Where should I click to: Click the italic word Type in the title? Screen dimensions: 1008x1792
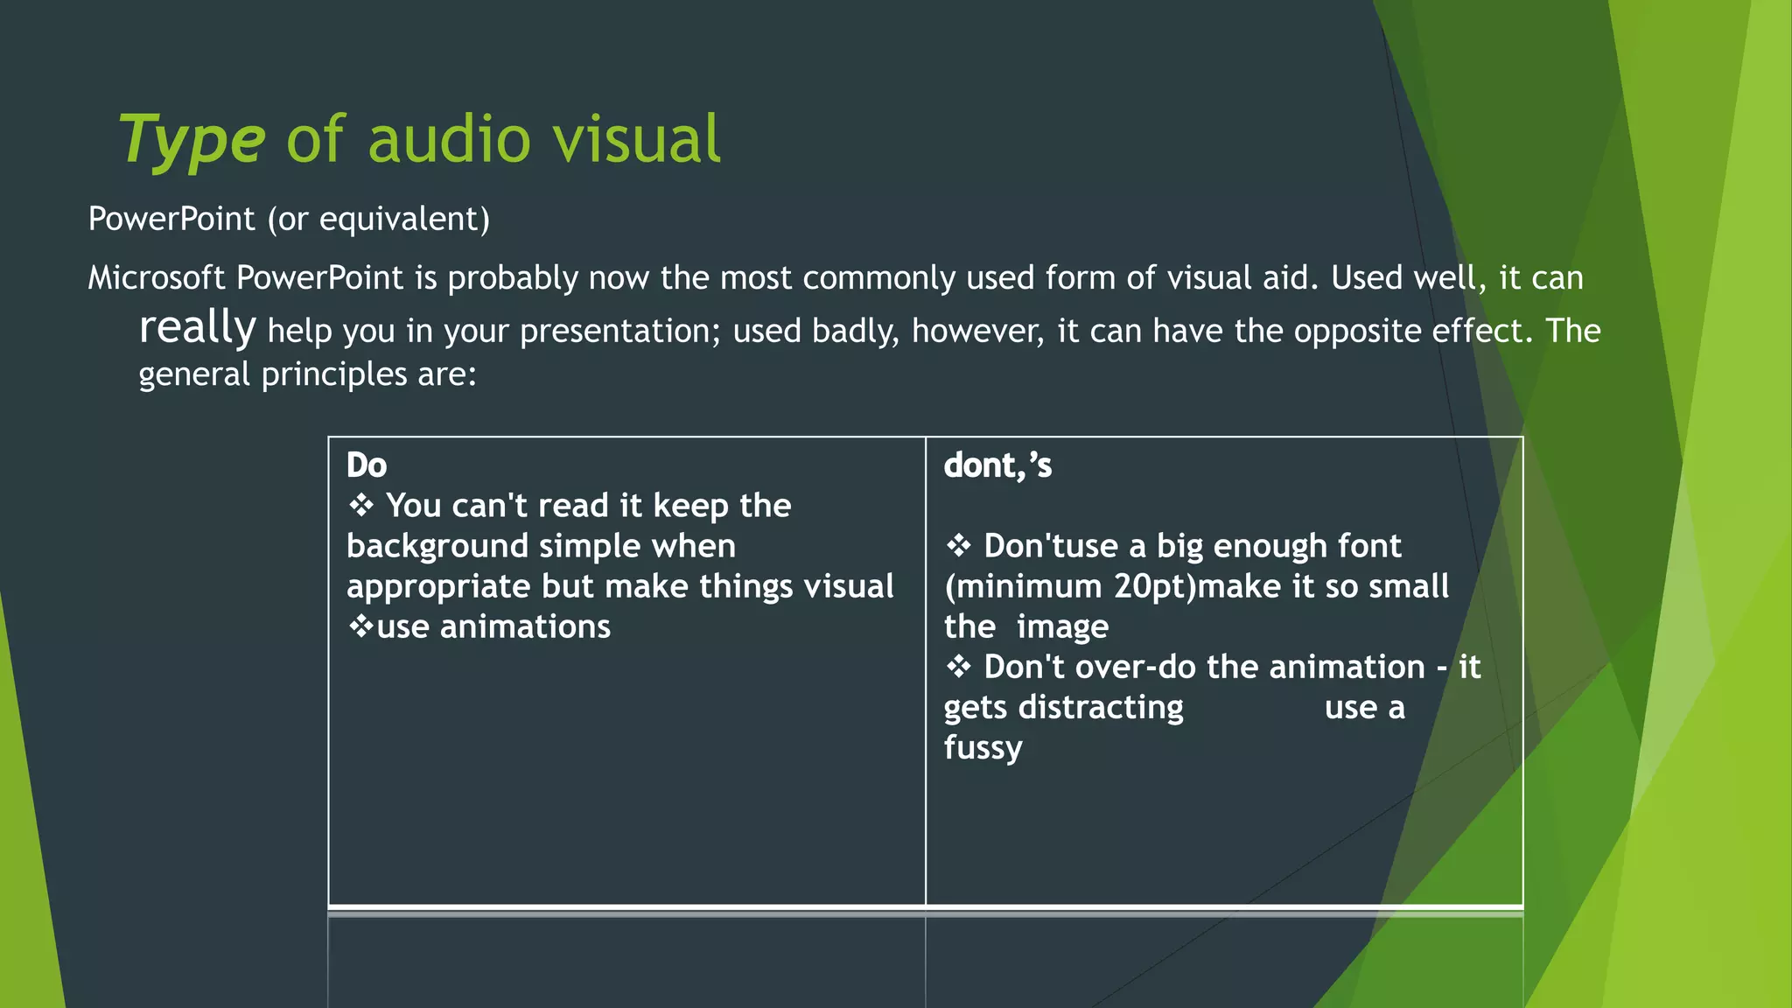[191, 140]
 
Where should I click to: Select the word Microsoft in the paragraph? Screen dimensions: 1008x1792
[157, 278]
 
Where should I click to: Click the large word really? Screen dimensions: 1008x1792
[198, 327]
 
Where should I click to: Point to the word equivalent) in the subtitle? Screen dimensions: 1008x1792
[404, 219]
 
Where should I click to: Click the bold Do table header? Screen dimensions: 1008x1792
[366, 465]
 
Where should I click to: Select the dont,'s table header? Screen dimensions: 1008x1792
[997, 465]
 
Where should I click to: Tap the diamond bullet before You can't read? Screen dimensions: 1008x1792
[360, 505]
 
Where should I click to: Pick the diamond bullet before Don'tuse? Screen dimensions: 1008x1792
[958, 546]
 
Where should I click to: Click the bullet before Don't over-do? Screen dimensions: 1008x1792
[958, 667]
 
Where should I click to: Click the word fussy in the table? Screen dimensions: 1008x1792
[983, 748]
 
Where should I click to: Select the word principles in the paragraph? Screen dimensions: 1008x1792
[334, 374]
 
